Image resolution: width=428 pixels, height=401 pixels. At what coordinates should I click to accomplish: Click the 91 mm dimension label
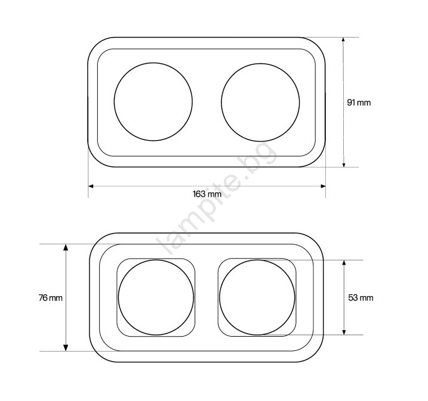pos(359,102)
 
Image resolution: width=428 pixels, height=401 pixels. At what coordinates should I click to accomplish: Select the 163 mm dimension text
pos(207,194)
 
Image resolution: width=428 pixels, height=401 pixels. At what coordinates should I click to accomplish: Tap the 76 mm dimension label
pos(51,298)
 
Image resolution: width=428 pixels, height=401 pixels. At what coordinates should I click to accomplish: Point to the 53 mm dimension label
pos(361,297)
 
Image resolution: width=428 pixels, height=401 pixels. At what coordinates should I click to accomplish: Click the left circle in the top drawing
pos(114,102)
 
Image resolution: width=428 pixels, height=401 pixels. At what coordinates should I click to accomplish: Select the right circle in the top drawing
pos(221,102)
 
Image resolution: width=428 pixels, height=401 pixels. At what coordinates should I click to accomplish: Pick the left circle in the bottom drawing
pos(118,297)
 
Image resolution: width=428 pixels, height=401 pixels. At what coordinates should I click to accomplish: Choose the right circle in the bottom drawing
pos(220,297)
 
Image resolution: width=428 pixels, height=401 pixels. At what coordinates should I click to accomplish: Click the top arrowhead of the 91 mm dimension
pos(344,39)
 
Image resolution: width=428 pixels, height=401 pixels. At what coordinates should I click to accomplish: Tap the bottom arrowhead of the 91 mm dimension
pos(344,164)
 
